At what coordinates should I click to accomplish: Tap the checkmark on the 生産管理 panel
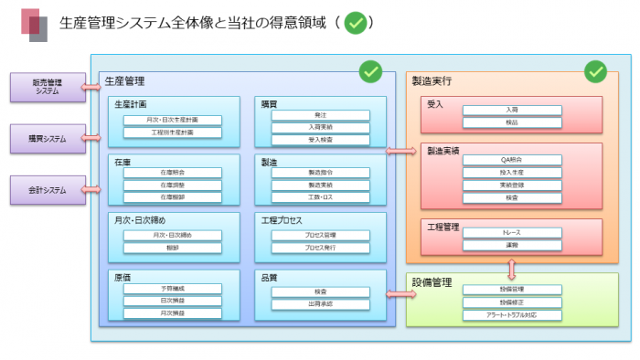[x=370, y=70]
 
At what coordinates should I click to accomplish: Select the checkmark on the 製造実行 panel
[x=596, y=70]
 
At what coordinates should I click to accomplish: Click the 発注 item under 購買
[x=320, y=115]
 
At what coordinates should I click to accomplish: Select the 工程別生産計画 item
[x=173, y=132]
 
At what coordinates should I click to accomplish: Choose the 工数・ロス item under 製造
[x=320, y=197]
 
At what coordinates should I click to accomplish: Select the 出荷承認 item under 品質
[x=320, y=304]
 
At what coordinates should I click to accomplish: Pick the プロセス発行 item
[x=320, y=248]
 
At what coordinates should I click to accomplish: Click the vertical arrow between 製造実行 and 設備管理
[x=511, y=269]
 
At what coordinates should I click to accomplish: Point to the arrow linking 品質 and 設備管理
[x=400, y=294]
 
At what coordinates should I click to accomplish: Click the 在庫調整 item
[x=173, y=184]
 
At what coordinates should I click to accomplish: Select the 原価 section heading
[x=123, y=276]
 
